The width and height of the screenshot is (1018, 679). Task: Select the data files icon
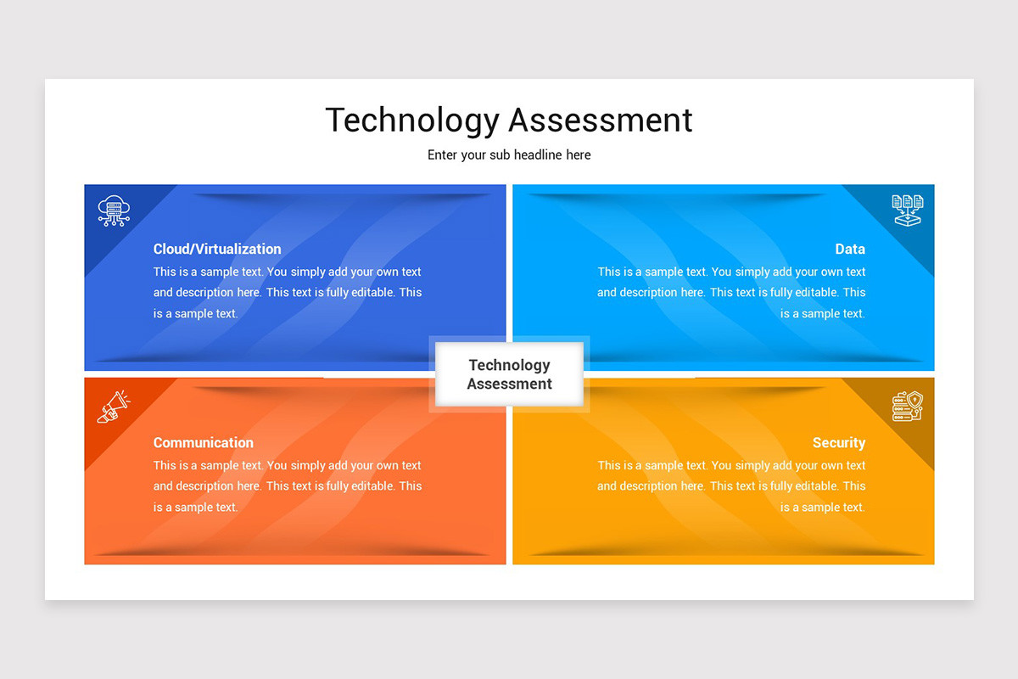(x=907, y=210)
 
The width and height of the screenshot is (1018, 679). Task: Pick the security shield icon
(x=907, y=407)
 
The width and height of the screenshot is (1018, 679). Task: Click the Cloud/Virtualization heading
(x=217, y=249)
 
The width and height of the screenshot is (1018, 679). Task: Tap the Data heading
(x=850, y=249)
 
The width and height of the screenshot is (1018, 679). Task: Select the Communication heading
(x=204, y=442)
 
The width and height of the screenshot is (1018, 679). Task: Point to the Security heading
(x=839, y=442)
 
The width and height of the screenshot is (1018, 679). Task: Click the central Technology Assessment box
(x=509, y=374)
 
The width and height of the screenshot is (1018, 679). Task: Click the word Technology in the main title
(x=411, y=120)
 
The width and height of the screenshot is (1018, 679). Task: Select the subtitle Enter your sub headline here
(x=509, y=154)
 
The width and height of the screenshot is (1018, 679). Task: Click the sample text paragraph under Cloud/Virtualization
(x=288, y=293)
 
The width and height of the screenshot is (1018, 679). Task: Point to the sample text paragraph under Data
(x=731, y=293)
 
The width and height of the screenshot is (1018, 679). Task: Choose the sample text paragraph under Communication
(x=288, y=486)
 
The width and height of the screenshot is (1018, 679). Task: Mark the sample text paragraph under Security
(x=731, y=486)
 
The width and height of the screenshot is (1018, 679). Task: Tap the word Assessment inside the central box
(x=509, y=384)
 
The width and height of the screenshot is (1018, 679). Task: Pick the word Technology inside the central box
(x=509, y=365)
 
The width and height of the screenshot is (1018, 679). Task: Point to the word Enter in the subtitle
(x=443, y=154)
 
